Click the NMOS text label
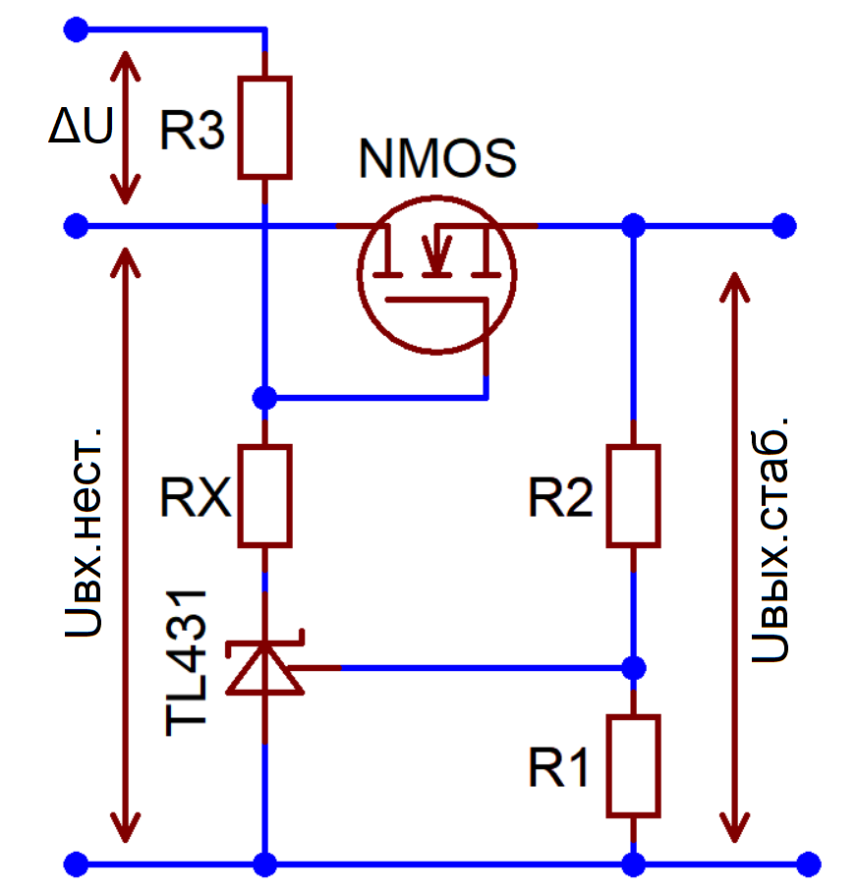tap(437, 158)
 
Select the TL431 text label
tap(186, 662)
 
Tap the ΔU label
tap(81, 126)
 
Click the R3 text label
tap(193, 130)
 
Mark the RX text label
tap(196, 497)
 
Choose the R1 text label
tap(558, 767)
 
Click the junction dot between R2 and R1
tap(634, 668)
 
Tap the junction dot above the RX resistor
tap(265, 398)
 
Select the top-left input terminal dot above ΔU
tap(77, 29)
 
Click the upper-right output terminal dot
tap(784, 226)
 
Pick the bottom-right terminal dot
tap(808, 865)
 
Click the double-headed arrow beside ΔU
tap(125, 128)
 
